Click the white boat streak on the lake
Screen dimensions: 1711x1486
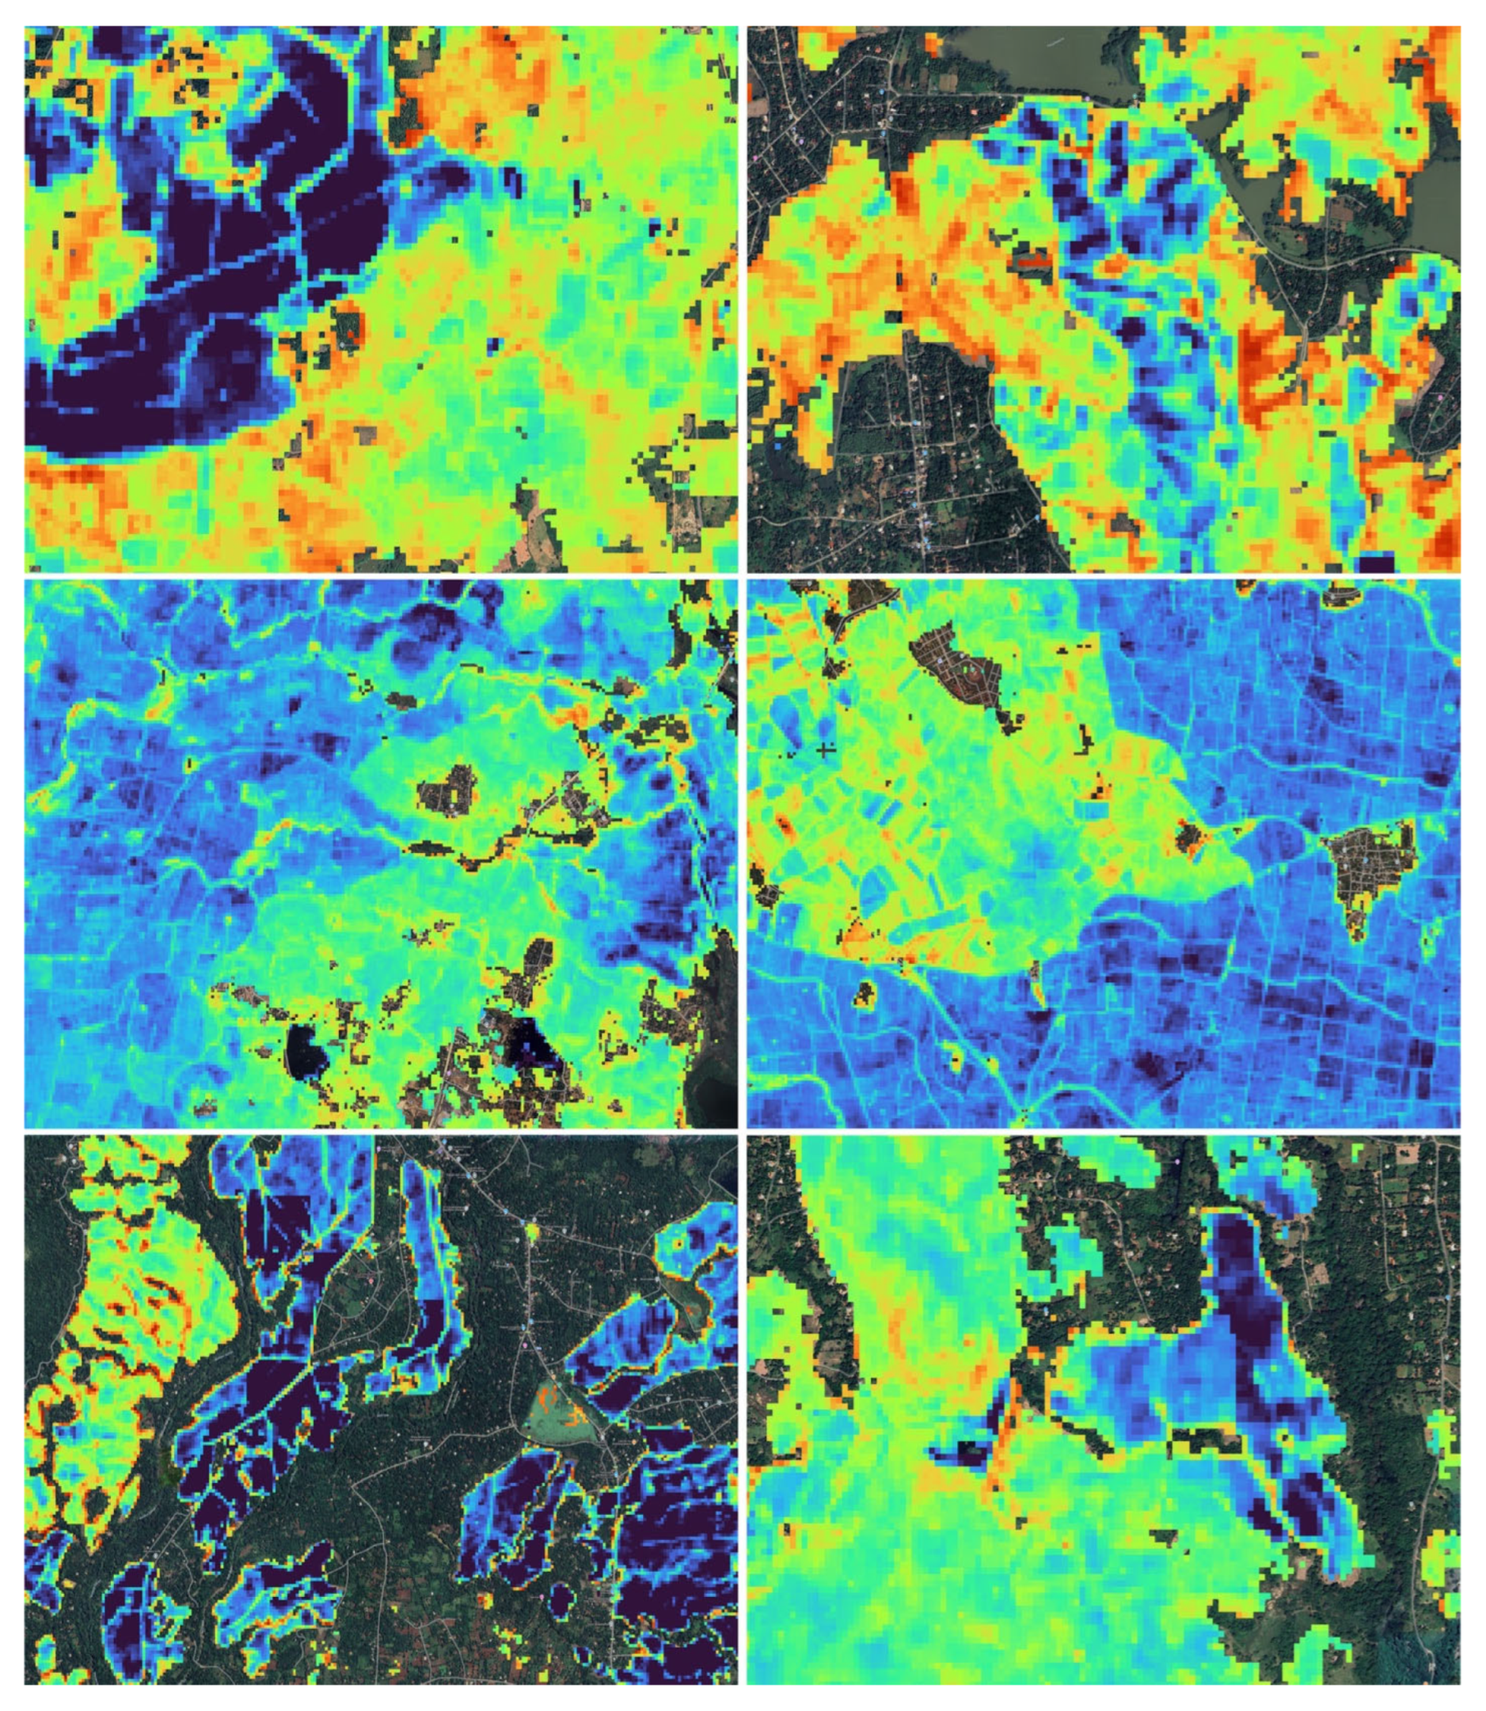pos(1054,41)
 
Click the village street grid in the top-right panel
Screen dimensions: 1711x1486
pos(921,431)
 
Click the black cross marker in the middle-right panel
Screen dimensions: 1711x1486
pos(824,751)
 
